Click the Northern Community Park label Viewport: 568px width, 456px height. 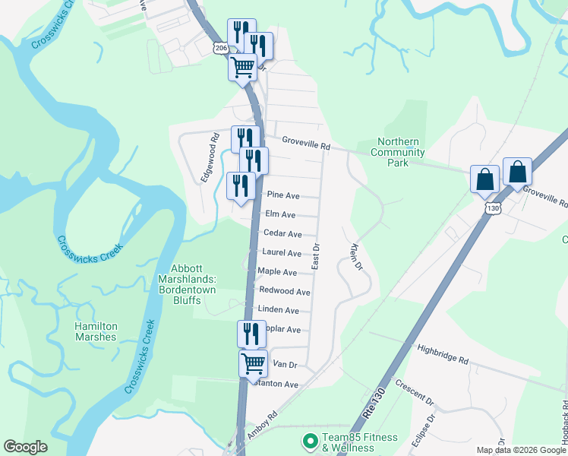pos(399,152)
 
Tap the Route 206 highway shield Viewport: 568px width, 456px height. pos(220,49)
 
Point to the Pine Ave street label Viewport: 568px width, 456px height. pos(282,195)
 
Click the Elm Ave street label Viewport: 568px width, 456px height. pos(280,215)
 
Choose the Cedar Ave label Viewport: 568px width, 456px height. pos(282,234)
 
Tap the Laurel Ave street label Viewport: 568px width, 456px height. pos(282,253)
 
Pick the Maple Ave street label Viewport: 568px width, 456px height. pos(277,271)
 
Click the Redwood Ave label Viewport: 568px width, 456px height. pos(285,291)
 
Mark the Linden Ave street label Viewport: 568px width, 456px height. pos(279,310)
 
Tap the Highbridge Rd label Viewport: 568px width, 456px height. pos(443,354)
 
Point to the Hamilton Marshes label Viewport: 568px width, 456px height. pos(96,331)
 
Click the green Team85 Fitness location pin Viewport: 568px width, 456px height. pos(309,441)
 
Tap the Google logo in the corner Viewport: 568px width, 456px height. pos(25,447)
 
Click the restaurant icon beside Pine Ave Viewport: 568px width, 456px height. pos(241,186)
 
